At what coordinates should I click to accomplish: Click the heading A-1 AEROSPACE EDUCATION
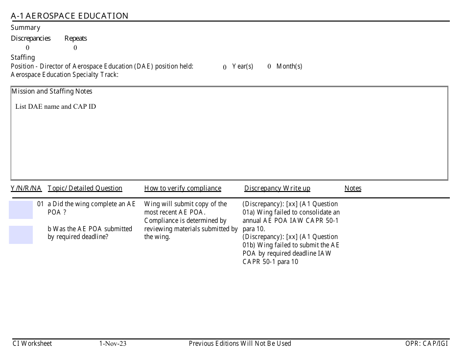pos(70,16)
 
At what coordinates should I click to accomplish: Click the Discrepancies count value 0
pos(27,48)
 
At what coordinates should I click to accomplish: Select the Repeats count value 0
pos(75,48)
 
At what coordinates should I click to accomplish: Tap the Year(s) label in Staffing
pos(242,67)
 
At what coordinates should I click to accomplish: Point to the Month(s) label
pos(289,67)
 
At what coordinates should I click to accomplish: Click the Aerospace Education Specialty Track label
pos(65,75)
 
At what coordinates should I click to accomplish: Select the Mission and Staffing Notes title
pos(52,92)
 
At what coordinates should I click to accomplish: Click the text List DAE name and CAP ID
pos(55,106)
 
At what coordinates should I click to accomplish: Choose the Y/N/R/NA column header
pos(26,189)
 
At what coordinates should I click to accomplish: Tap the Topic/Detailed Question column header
pos(85,189)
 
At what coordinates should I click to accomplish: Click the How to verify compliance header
pos(183,189)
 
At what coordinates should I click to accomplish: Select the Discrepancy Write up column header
pos(277,189)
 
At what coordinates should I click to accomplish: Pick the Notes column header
pos(352,189)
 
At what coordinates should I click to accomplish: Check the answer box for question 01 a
pos(21,210)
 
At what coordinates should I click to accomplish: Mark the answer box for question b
pos(21,235)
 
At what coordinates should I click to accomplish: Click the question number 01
pos(41,204)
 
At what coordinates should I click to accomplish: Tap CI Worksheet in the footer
pos(32,344)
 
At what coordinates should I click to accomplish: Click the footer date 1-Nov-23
pos(113,344)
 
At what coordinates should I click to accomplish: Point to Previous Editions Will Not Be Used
pos(240,344)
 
